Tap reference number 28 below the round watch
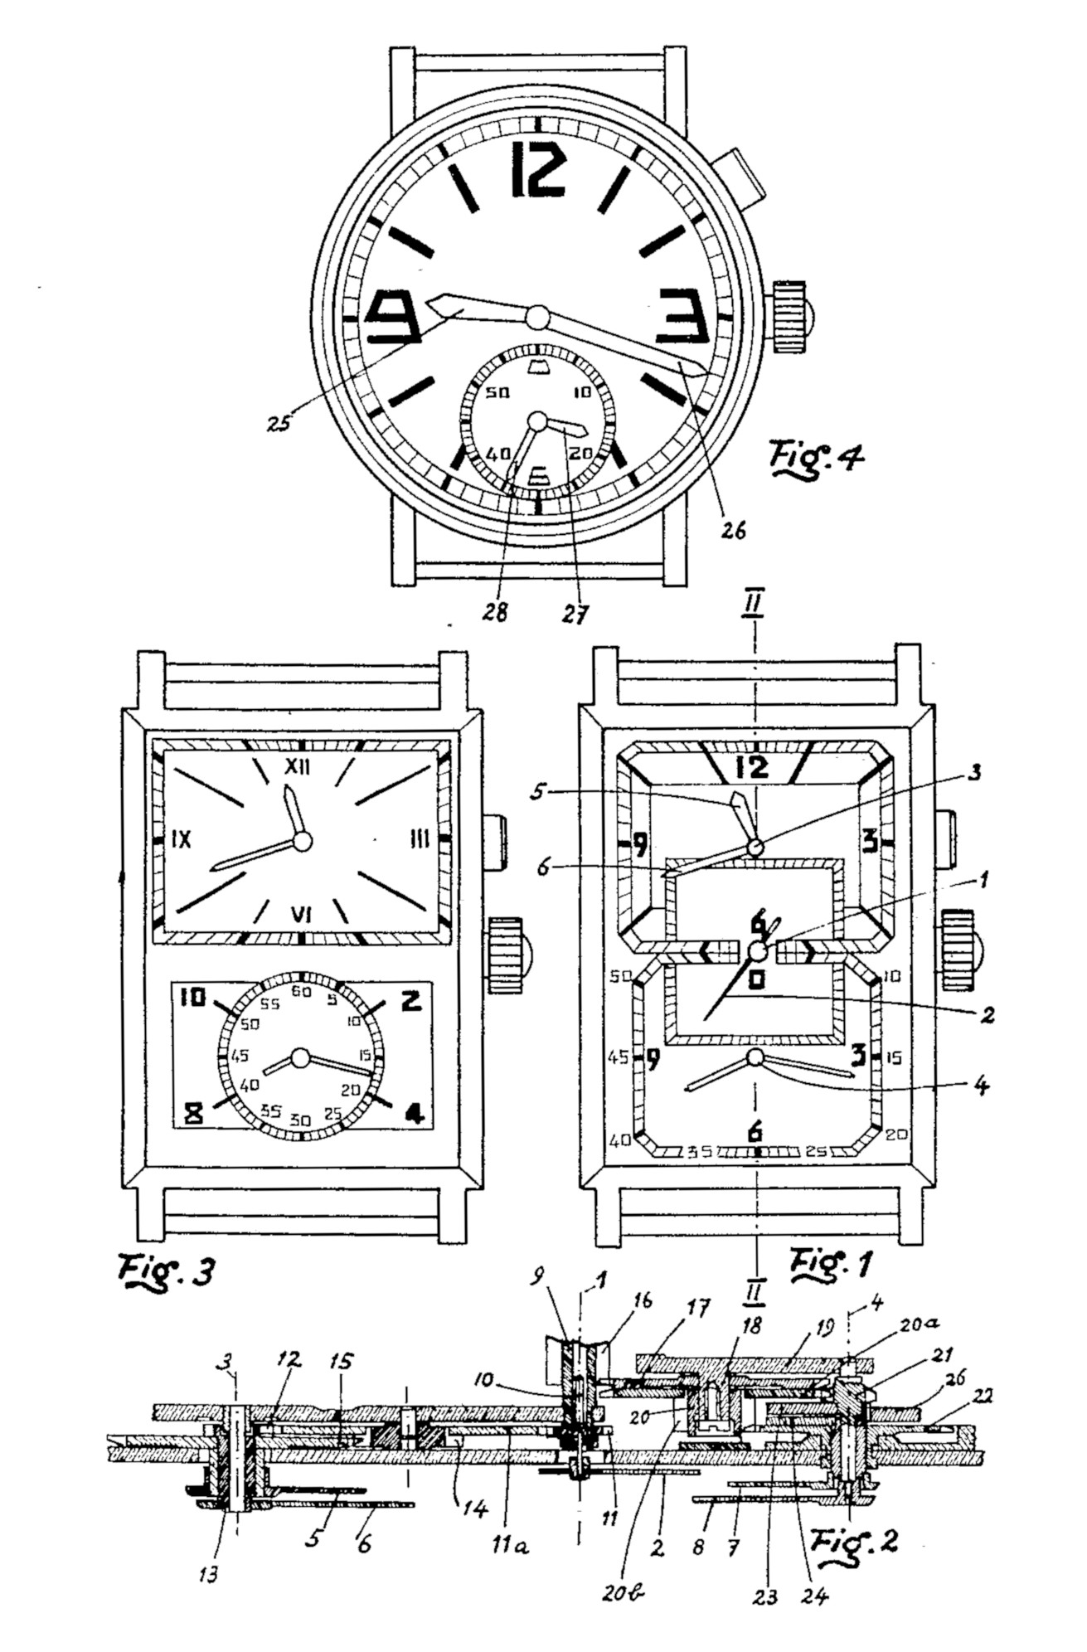click(x=497, y=611)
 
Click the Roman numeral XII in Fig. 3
click(x=297, y=767)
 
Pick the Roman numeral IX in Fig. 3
click(x=181, y=839)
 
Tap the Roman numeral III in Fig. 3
click(x=419, y=840)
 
